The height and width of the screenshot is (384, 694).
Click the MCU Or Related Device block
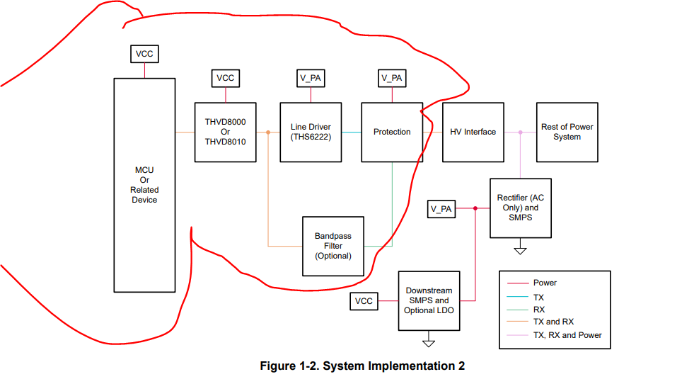(144, 185)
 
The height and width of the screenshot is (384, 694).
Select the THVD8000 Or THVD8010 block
(226, 132)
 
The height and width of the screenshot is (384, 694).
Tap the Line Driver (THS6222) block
(311, 132)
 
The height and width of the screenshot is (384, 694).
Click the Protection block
(392, 132)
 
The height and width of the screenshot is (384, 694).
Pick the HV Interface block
(473, 132)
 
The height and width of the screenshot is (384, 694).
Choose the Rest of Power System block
(567, 132)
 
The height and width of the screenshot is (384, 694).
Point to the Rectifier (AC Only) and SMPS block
(520, 208)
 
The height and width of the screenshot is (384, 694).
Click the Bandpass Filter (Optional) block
(332, 246)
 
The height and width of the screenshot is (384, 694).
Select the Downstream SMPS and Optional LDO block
(429, 300)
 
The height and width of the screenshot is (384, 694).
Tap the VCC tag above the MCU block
(144, 54)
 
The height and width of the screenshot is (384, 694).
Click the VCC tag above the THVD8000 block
(226, 78)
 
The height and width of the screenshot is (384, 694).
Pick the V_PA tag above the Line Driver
(311, 78)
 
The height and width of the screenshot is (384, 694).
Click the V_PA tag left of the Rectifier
(441, 209)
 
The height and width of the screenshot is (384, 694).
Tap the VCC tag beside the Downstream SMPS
(364, 301)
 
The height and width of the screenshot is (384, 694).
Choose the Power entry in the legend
(545, 283)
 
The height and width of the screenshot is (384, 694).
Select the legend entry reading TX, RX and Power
(567, 335)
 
